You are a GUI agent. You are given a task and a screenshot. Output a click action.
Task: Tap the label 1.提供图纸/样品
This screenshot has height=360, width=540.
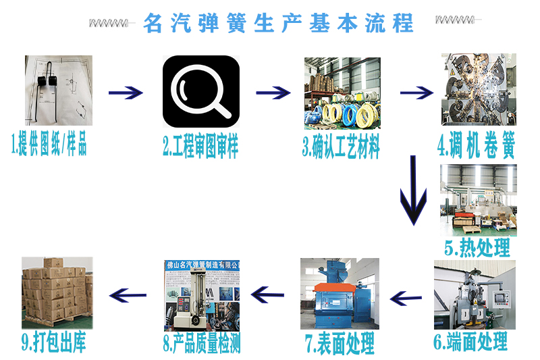coord(49,145)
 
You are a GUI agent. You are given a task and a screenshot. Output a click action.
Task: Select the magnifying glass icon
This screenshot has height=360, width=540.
coord(201,91)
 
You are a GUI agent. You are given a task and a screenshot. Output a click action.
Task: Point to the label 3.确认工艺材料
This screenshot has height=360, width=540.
coord(341,147)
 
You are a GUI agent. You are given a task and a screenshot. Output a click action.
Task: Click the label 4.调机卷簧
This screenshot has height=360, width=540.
coord(476,147)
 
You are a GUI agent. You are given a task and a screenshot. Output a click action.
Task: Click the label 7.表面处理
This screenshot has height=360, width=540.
coord(340,344)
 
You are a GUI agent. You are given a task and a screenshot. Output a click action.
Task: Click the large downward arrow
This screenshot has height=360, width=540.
coord(412,190)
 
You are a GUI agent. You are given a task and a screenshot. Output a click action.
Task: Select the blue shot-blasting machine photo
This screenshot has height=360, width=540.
coord(340,293)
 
